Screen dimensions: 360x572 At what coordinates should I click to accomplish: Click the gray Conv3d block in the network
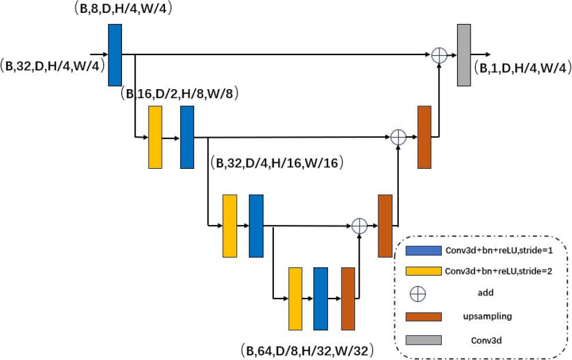click(x=464, y=55)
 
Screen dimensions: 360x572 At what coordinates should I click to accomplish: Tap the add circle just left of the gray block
click(x=439, y=55)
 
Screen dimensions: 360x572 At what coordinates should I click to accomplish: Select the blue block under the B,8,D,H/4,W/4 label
click(x=115, y=55)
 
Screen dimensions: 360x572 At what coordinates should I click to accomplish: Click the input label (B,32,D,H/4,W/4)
click(x=53, y=65)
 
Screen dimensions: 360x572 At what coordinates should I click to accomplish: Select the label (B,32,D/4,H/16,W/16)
click(x=276, y=162)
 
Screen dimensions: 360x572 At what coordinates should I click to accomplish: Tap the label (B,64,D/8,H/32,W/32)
click(x=306, y=351)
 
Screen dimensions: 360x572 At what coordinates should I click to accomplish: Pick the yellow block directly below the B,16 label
click(x=155, y=137)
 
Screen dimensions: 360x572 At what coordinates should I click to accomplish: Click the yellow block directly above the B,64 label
click(x=295, y=298)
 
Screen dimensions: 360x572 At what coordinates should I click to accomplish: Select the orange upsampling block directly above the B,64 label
click(x=348, y=298)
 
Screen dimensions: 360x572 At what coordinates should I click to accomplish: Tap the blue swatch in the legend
click(x=424, y=251)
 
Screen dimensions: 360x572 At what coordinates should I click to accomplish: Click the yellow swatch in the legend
click(x=424, y=271)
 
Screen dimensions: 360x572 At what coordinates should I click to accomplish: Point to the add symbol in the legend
click(x=418, y=294)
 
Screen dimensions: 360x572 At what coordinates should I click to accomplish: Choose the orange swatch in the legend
click(x=424, y=317)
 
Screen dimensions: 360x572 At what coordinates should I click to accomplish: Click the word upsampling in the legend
click(x=488, y=317)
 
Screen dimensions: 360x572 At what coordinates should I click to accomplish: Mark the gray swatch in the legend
click(x=424, y=339)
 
